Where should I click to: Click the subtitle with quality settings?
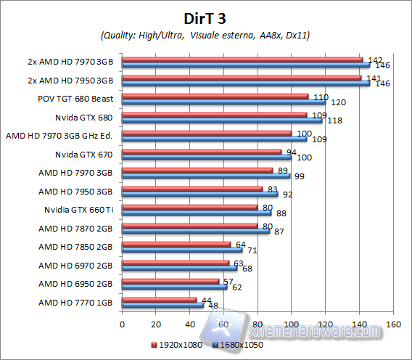tap(206, 35)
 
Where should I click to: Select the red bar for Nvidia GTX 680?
tap(215, 114)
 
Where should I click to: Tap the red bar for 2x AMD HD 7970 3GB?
tap(242, 59)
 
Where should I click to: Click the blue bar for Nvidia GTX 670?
tap(207, 157)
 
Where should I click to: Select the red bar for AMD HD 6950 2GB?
tap(170, 281)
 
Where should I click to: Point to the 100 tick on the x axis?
tap(292, 324)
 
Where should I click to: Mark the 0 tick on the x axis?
tap(123, 324)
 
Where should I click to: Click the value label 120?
tap(338, 102)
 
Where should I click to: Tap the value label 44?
tap(207, 300)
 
